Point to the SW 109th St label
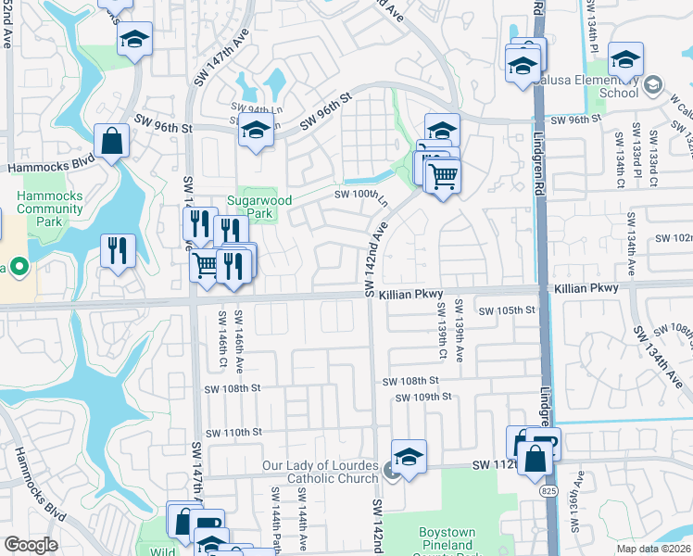[423, 397]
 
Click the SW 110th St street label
[234, 433]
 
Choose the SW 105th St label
[505, 310]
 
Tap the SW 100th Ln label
[360, 194]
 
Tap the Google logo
[31, 545]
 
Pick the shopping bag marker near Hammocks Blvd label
[111, 142]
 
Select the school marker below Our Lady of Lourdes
[409, 457]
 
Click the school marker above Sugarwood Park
[256, 131]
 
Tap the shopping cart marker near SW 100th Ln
[444, 174]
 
